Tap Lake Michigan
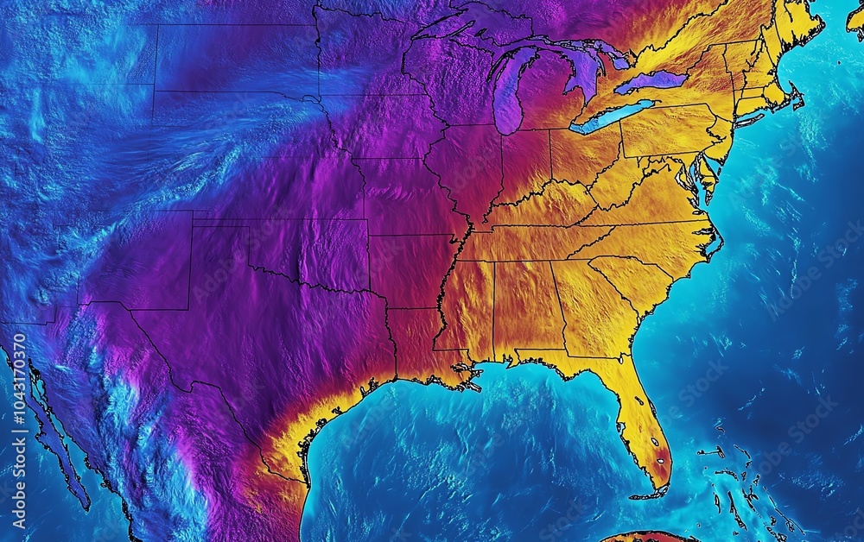click(508, 91)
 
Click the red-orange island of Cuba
click(648, 537)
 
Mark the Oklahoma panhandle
click(220, 226)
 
